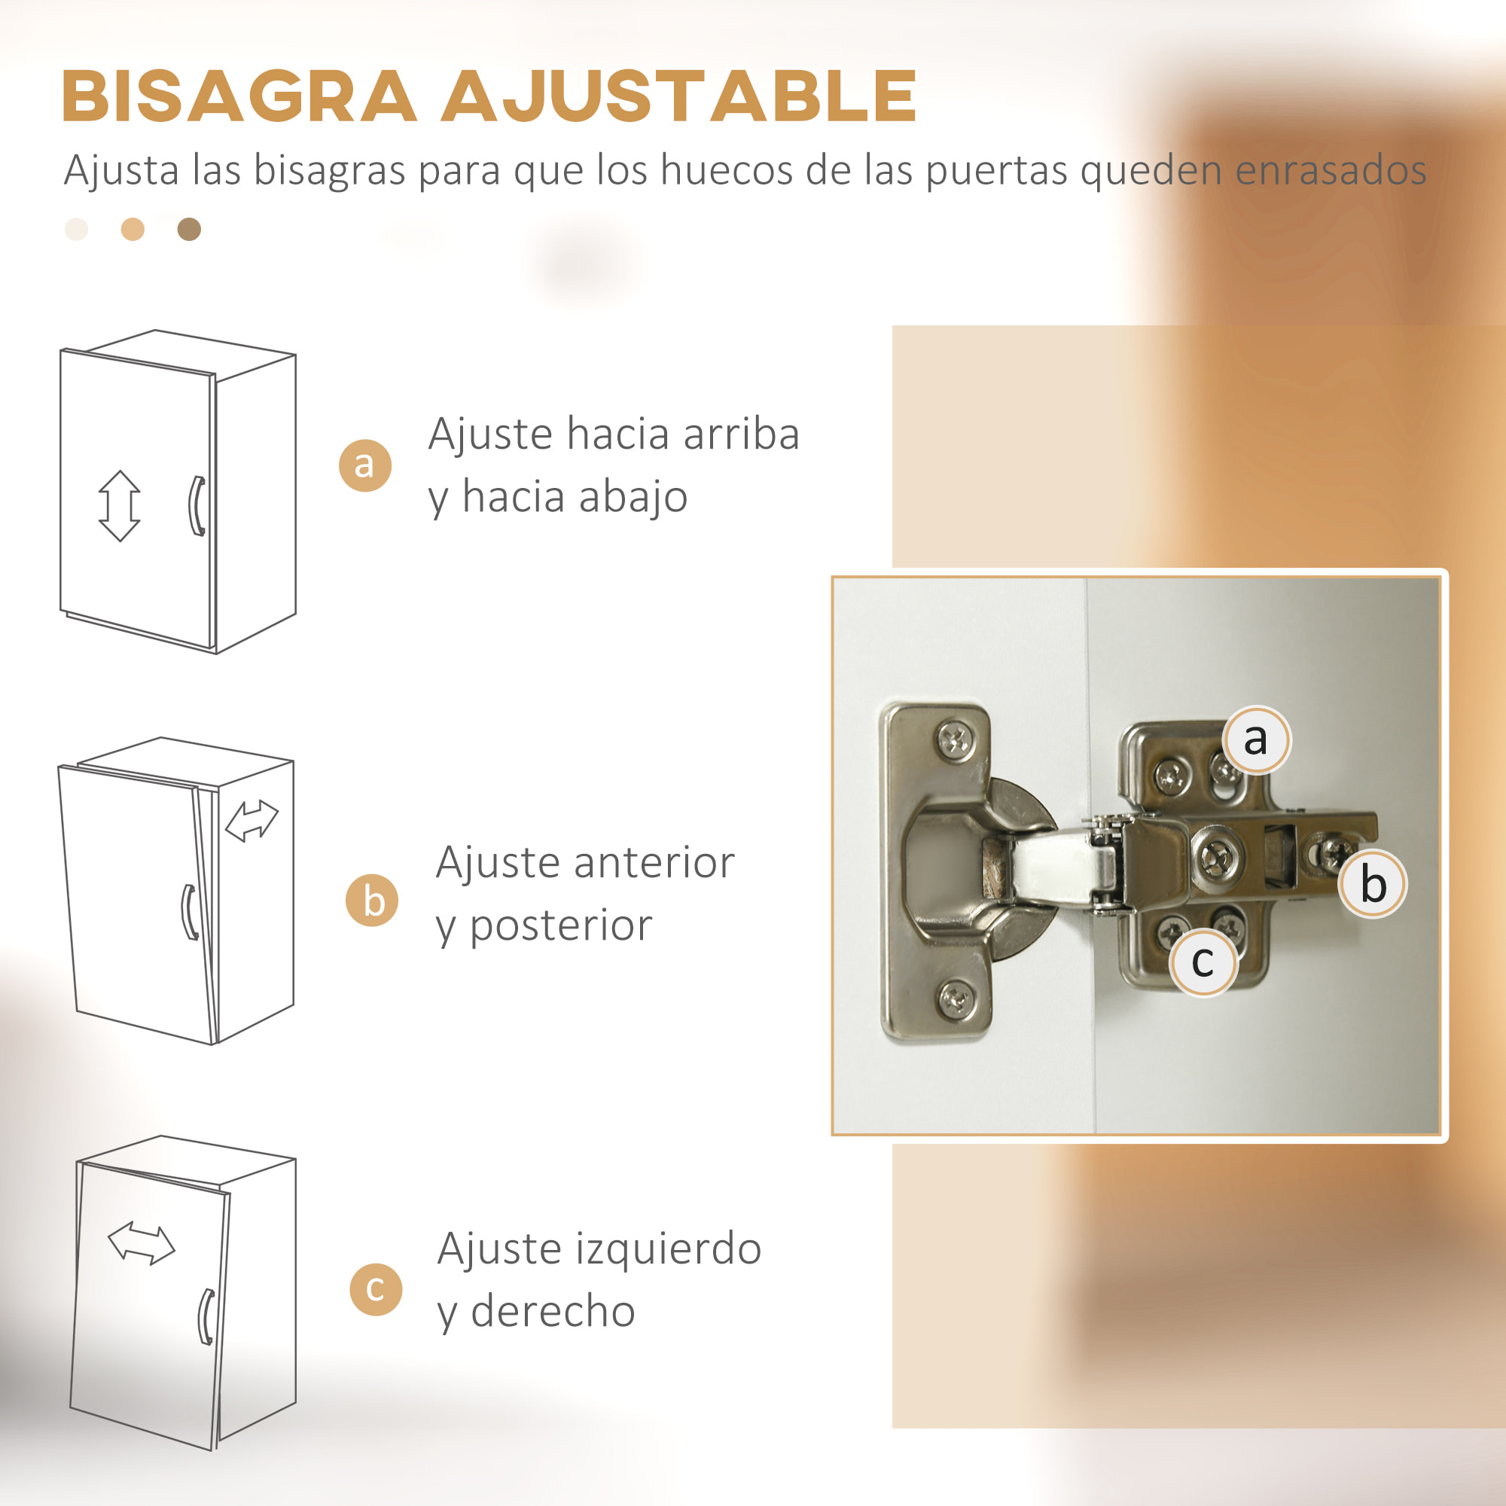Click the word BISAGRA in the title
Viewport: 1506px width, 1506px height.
[239, 96]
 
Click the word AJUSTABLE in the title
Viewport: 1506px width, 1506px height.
[678, 96]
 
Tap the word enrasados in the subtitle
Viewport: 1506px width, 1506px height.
[1331, 170]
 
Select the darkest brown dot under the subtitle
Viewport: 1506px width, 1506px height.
[190, 229]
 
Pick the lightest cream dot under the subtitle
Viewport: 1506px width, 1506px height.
[76, 229]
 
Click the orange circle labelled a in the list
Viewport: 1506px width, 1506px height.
[364, 465]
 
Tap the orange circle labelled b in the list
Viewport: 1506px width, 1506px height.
[373, 901]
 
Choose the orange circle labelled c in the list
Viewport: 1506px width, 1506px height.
[376, 1288]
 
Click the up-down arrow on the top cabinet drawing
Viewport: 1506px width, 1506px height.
[119, 506]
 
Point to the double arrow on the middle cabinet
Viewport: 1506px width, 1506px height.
[251, 822]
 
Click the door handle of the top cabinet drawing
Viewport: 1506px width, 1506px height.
[197, 506]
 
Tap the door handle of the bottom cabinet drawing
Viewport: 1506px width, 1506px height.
[206, 1316]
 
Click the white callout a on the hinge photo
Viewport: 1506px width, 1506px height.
[1256, 739]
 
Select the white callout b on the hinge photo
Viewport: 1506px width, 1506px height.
[1373, 884]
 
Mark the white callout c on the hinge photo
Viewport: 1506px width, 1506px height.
[1203, 962]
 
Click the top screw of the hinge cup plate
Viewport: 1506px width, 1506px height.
[955, 739]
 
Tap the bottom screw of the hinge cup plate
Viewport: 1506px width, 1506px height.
[955, 998]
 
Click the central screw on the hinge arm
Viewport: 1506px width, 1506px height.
[1215, 858]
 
